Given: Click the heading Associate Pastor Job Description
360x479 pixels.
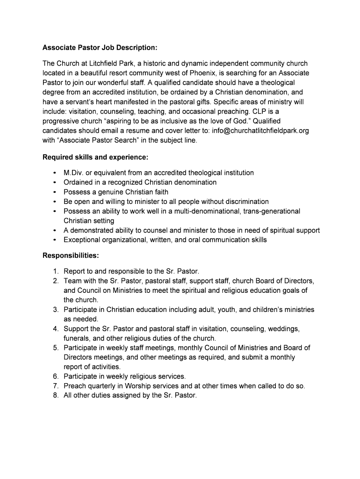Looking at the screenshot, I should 100,48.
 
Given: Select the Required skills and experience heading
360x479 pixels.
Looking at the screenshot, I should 95,157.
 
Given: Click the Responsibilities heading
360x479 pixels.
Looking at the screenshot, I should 71,255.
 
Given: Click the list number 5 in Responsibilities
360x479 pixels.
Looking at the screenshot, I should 55,348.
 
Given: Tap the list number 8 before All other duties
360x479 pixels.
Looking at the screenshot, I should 55,395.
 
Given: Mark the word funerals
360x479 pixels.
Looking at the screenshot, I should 77,338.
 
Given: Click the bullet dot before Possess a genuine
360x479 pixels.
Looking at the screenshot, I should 55,192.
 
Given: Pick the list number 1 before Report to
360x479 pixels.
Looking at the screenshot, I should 55,271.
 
